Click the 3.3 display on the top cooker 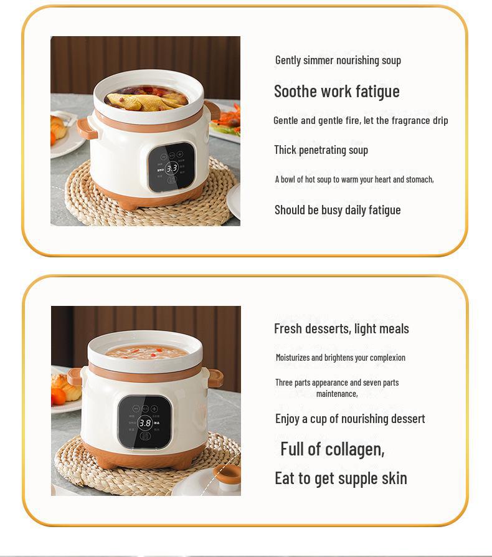pos(172,168)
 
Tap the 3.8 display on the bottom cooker pos(145,423)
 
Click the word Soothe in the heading pos(295,91)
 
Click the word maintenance pos(336,394)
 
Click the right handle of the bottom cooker pos(214,378)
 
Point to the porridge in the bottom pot pos(146,352)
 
